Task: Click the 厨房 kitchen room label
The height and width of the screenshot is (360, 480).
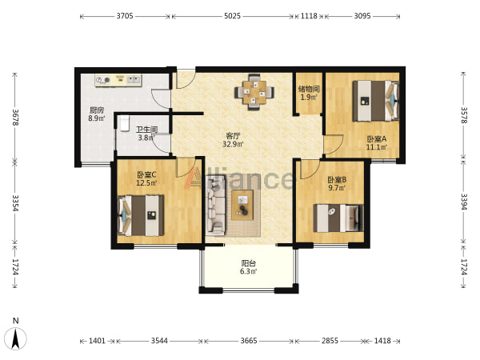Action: click(97, 110)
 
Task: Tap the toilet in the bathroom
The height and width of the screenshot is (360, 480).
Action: click(124, 123)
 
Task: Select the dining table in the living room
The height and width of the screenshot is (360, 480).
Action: click(254, 92)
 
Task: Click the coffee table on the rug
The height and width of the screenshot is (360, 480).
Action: click(242, 205)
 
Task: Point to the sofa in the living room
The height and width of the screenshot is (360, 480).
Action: click(216, 205)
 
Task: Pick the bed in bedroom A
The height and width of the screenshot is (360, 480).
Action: click(376, 101)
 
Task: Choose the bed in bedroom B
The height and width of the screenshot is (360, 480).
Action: click(338, 218)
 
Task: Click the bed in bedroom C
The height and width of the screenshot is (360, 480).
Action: click(141, 215)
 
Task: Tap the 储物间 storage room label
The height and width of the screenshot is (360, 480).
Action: click(309, 89)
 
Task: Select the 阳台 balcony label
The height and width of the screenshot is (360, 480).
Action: click(249, 263)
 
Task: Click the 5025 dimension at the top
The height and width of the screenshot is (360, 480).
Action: click(232, 16)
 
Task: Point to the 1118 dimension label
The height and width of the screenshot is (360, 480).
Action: click(309, 16)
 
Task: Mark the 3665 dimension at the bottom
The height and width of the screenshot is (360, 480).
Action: click(249, 341)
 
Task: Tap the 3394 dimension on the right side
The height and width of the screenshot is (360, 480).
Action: click(464, 202)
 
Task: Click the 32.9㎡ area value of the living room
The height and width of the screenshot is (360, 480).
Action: click(233, 144)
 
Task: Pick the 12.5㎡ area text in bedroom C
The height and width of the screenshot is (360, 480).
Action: click(146, 183)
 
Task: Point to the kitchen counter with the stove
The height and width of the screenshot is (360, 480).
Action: click(118, 81)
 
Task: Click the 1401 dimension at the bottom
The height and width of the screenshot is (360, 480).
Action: click(97, 341)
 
